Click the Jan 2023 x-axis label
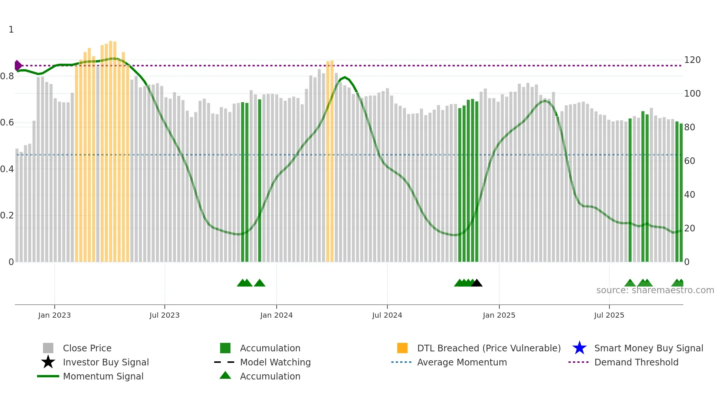tap(54, 315)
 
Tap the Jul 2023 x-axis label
tap(164, 315)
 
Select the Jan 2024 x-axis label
tap(276, 315)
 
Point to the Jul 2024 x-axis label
tap(387, 315)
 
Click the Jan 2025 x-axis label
tap(499, 315)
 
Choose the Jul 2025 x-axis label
tap(609, 315)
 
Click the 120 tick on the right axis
tap(692, 60)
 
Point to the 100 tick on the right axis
tap(692, 94)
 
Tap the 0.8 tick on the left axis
tap(7, 76)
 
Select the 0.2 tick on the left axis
tap(7, 215)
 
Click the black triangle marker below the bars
tap(477, 283)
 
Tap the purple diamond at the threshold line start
tap(18, 66)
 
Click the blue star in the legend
tap(579, 348)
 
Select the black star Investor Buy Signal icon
tap(48, 362)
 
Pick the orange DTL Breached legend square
tap(402, 348)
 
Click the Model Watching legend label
tap(275, 362)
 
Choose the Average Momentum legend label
tap(462, 362)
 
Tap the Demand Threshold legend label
tap(636, 362)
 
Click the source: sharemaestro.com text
tap(655, 290)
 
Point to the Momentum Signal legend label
tap(103, 376)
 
